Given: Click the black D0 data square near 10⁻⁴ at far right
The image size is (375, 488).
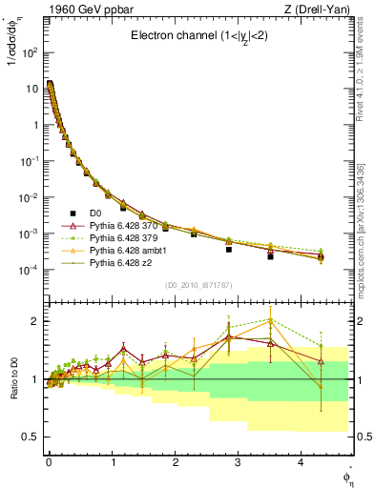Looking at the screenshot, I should click(x=321, y=255).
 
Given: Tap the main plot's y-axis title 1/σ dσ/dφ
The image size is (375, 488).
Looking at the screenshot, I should click(x=13, y=61).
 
